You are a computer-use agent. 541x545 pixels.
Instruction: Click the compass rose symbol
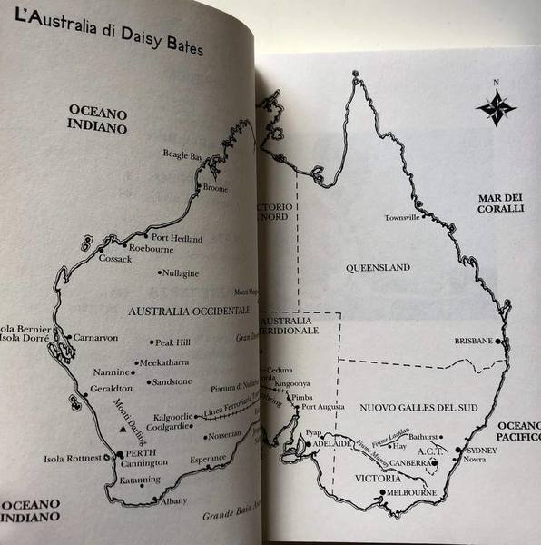(x=496, y=107)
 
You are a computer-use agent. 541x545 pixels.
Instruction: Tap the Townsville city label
(x=402, y=219)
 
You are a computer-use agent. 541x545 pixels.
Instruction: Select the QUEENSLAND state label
(x=378, y=268)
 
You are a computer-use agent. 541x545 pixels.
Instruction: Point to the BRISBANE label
(x=473, y=341)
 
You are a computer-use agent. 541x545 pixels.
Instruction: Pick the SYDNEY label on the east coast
(x=481, y=451)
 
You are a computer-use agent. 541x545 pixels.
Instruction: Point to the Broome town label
(x=215, y=189)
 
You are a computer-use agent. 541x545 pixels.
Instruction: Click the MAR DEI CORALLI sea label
(x=501, y=203)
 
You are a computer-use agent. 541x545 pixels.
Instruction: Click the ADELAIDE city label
(x=330, y=444)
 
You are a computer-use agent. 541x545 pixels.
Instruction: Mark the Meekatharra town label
(x=164, y=362)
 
